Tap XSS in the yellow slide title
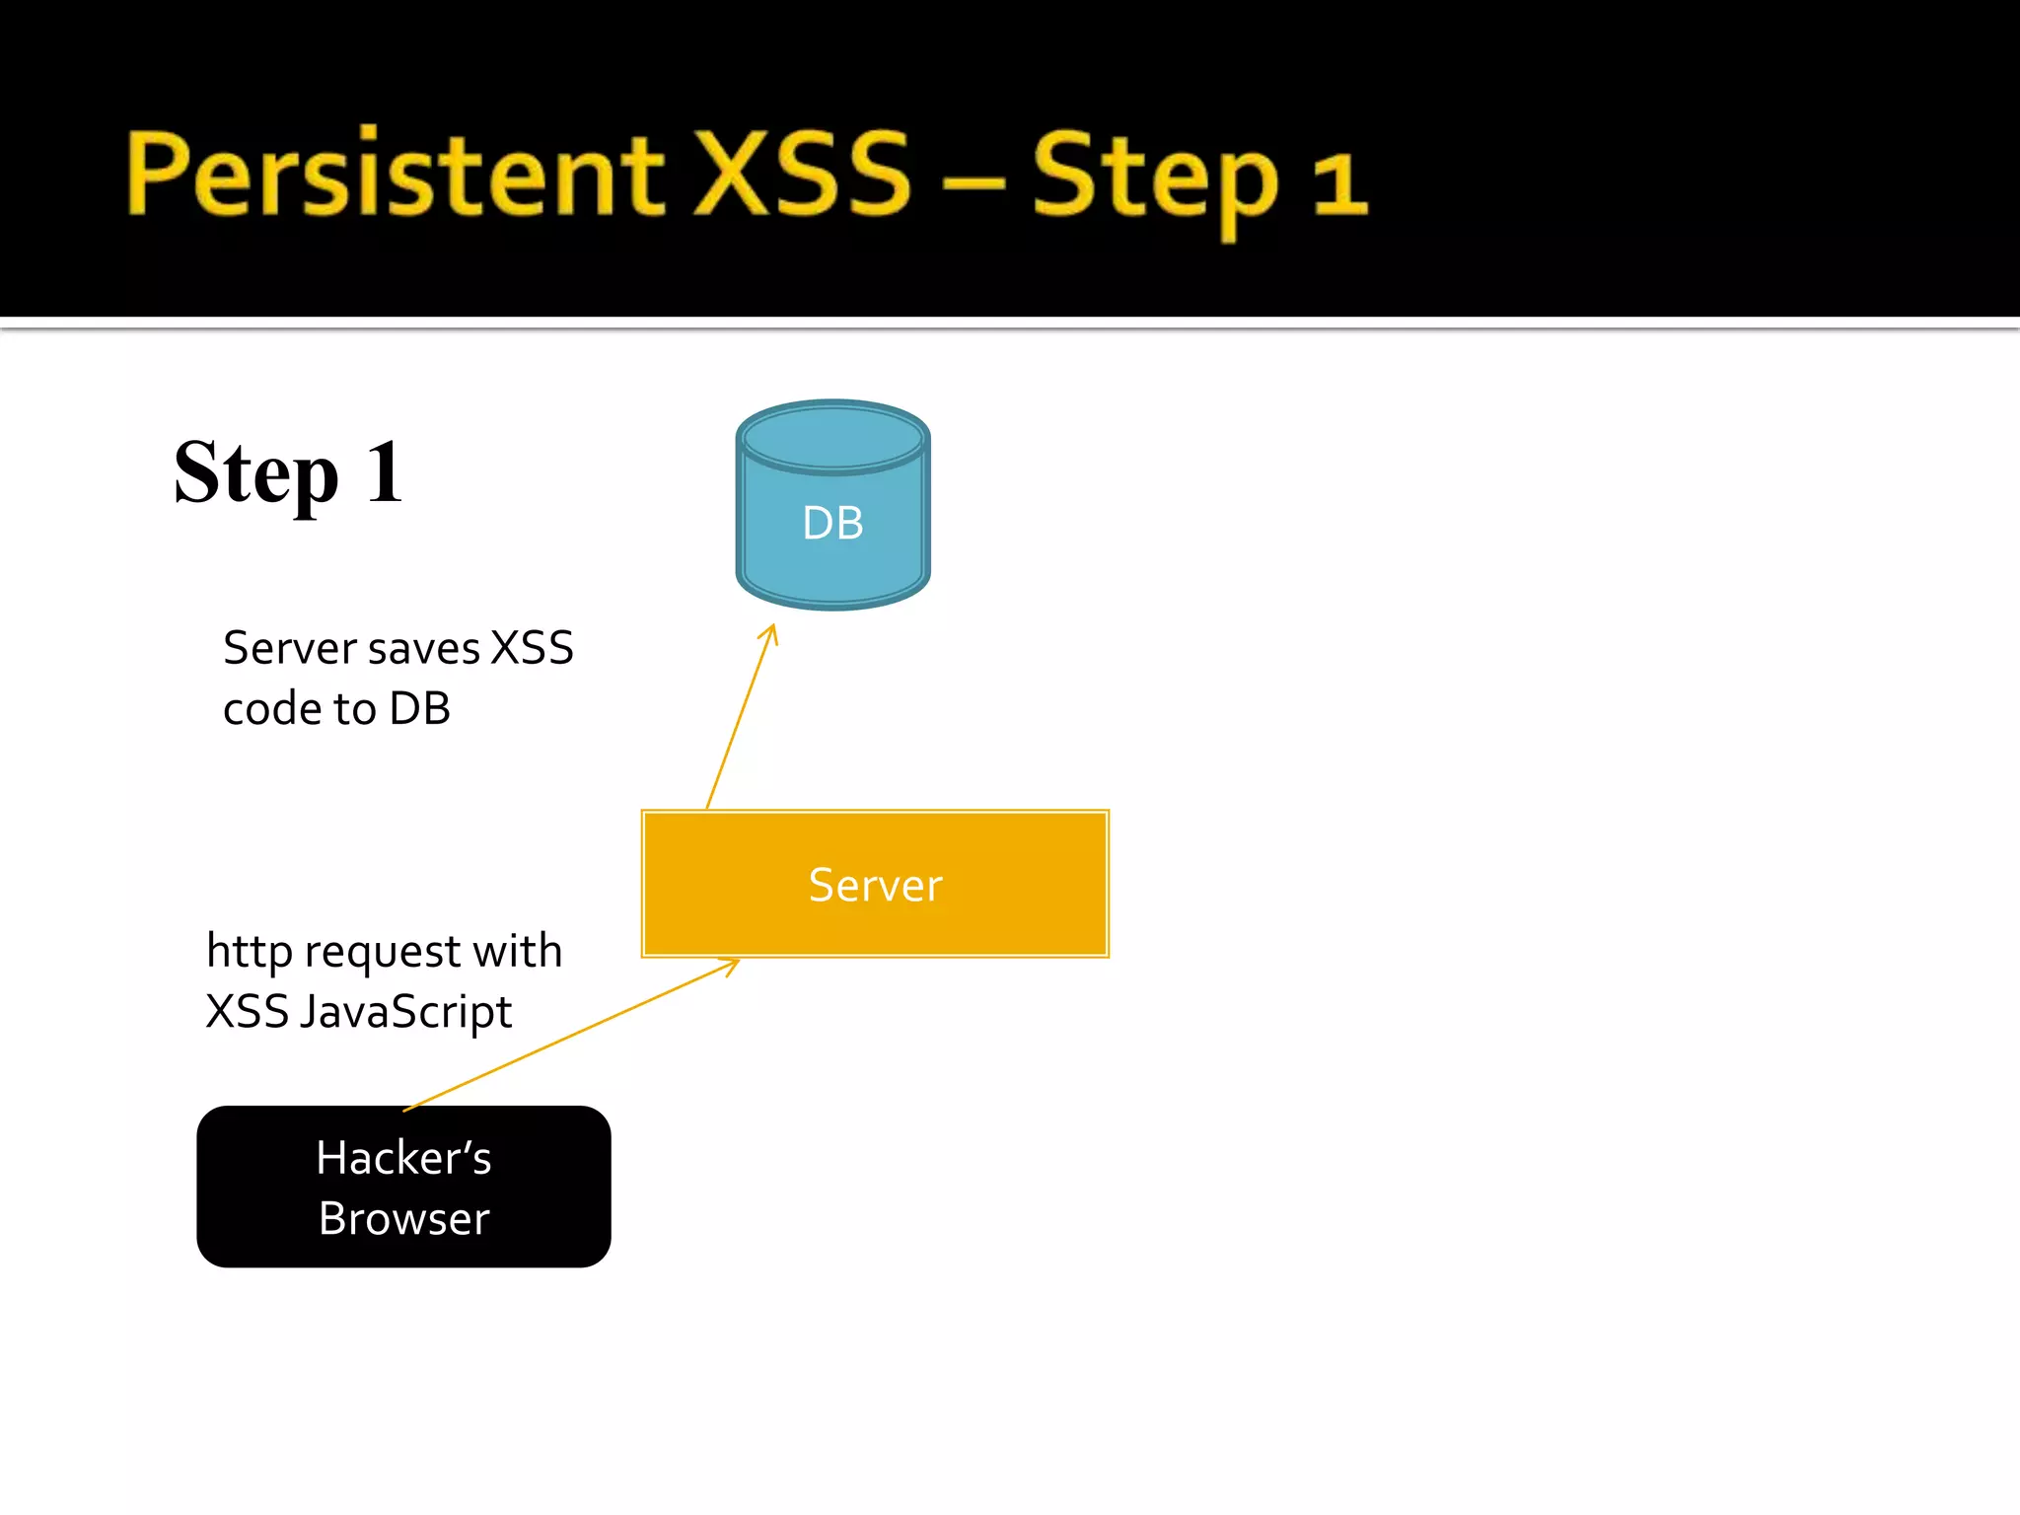801,174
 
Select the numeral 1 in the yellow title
1338,182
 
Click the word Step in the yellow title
1155,178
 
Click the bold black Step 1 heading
288,473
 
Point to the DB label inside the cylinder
832,523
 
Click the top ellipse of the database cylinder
832,437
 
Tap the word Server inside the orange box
875,885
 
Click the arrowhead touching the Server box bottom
731,966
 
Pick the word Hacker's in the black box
403,1158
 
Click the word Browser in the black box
403,1219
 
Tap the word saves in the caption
424,649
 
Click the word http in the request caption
249,953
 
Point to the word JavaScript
405,1013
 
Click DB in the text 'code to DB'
419,709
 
